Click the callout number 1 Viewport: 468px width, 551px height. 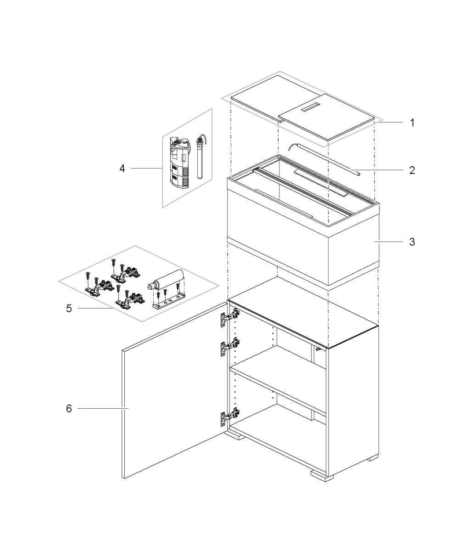point(412,123)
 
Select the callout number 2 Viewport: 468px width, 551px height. point(412,170)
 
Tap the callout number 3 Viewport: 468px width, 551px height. point(412,242)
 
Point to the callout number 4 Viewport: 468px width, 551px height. point(122,169)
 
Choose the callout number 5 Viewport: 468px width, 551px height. point(69,309)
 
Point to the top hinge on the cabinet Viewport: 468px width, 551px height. point(229,317)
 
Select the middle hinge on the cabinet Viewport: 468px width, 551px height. point(229,347)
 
